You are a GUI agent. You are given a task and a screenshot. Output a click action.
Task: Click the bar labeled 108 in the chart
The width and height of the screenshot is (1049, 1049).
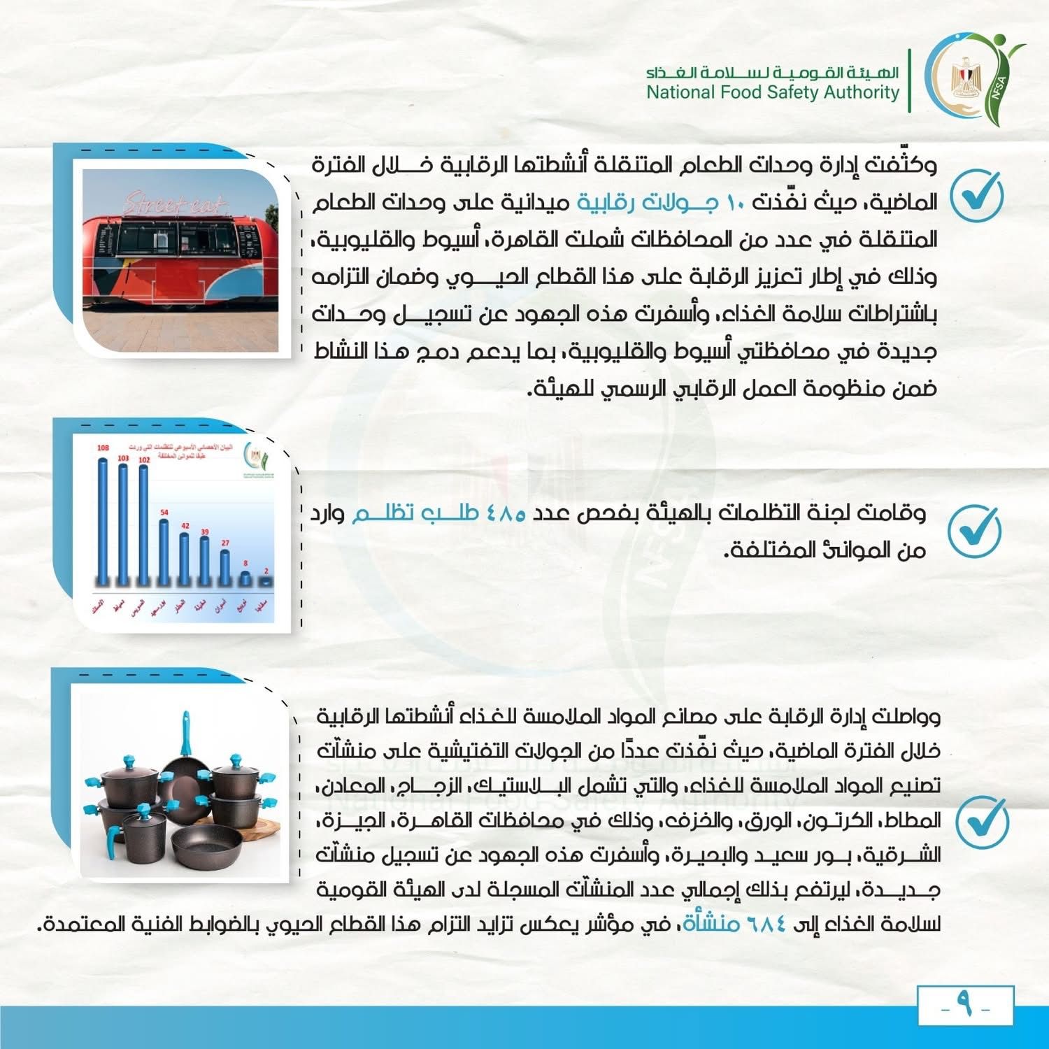coord(103,521)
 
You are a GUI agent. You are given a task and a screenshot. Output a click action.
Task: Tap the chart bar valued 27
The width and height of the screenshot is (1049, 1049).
coord(224,566)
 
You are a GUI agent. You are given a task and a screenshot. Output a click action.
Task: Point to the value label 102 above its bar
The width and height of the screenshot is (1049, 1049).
coord(144,459)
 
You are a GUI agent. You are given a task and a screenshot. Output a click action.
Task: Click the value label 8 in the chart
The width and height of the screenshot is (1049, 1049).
coord(245,563)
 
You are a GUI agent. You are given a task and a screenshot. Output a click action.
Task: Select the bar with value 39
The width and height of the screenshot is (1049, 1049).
coord(204,559)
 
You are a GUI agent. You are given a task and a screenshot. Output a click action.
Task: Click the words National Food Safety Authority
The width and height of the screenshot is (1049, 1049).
coord(772,92)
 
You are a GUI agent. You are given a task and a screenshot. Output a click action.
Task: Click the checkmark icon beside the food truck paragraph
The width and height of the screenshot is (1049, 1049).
coord(976,196)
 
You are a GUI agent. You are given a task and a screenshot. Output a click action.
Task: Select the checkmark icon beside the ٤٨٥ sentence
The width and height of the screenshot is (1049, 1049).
coord(974,531)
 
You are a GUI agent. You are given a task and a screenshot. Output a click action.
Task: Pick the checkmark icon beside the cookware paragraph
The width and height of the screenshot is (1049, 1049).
coord(981,821)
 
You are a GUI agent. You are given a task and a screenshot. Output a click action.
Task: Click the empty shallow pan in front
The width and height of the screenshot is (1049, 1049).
coord(206,845)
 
